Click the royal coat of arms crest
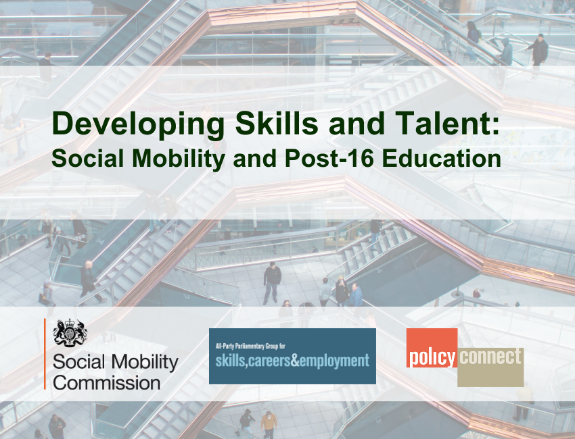(70, 333)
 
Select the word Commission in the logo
(106, 382)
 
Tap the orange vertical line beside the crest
(45, 353)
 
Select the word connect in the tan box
(490, 357)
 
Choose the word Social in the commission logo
(78, 362)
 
